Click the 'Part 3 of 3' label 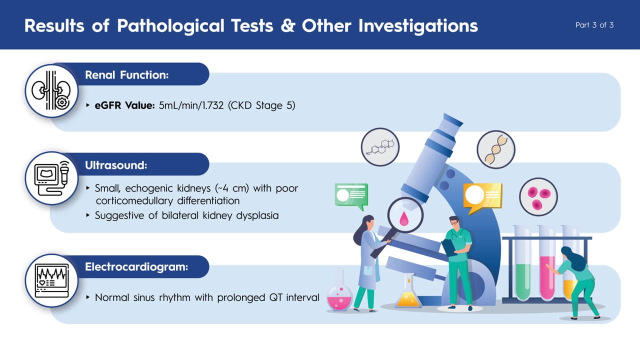(x=594, y=25)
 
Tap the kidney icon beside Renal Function (x=51, y=91)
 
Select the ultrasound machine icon (x=52, y=178)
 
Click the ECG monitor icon (x=52, y=280)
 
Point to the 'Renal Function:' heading (x=127, y=75)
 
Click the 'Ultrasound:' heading (x=116, y=165)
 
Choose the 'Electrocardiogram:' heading (x=136, y=267)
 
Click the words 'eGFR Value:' (x=124, y=105)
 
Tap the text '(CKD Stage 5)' (x=261, y=105)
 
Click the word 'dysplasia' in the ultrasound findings (x=257, y=215)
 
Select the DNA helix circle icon (x=496, y=149)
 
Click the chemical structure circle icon (x=380, y=147)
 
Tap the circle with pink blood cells (x=538, y=197)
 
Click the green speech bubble (x=351, y=196)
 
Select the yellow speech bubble (x=482, y=197)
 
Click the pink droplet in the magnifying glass (x=403, y=218)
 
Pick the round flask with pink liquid (x=339, y=297)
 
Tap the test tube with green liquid (x=523, y=263)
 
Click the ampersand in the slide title (x=287, y=25)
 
